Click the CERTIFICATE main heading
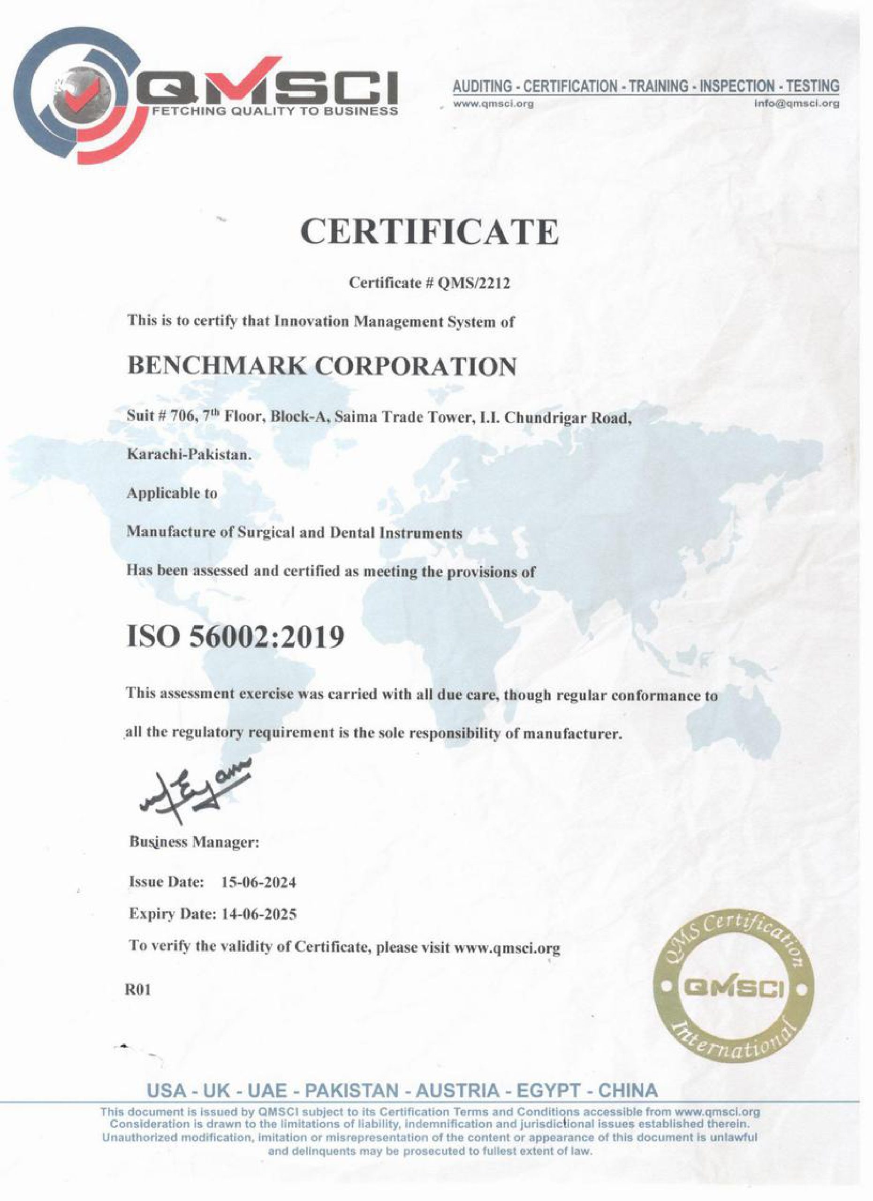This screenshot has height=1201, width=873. [429, 233]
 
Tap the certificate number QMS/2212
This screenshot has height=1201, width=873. [471, 284]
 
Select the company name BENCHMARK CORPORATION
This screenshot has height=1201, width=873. [322, 366]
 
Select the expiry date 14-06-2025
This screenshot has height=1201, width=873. [258, 914]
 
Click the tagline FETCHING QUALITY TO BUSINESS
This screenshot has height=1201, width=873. [275, 112]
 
